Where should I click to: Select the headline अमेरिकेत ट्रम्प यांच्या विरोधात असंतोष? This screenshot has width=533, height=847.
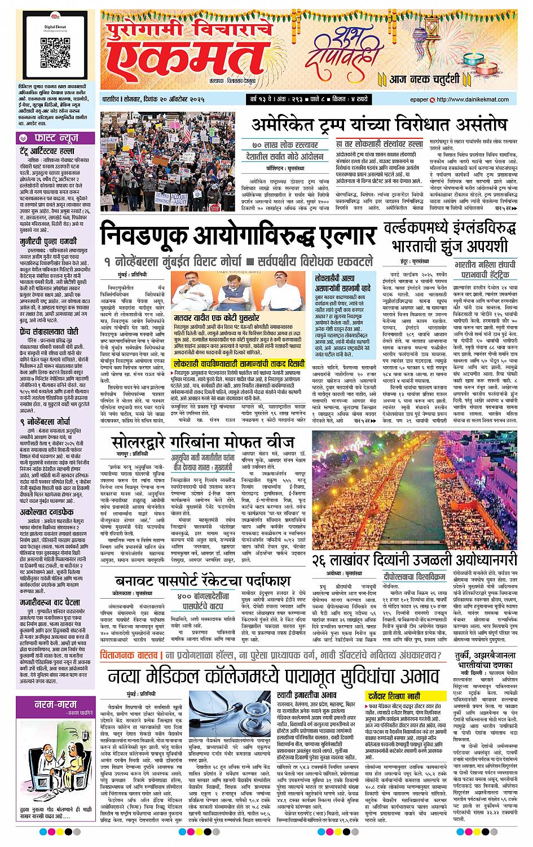click(x=380, y=125)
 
